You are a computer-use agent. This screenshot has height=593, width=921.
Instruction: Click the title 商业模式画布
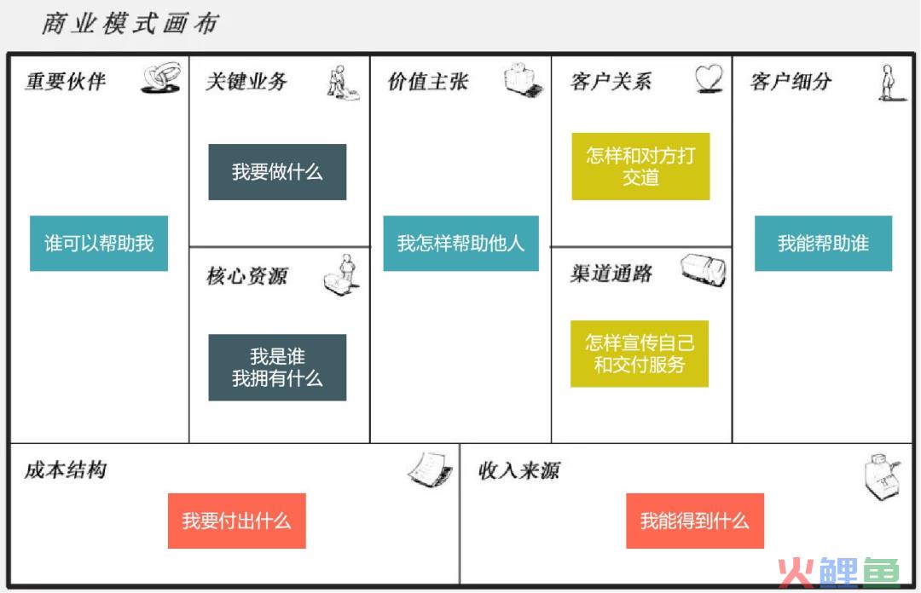[x=130, y=24]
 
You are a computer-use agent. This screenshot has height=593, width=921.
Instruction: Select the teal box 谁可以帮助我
[x=99, y=243]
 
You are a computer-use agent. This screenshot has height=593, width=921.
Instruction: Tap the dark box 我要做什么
[x=277, y=172]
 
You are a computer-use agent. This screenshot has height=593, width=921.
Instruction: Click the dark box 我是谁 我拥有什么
[x=277, y=367]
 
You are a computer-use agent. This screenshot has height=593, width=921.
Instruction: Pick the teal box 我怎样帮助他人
[x=461, y=243]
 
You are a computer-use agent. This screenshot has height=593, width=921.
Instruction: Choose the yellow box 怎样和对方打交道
[x=640, y=166]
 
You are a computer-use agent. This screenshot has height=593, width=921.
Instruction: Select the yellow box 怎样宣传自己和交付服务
[x=640, y=354]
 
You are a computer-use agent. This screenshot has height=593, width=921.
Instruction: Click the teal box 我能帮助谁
[x=824, y=243]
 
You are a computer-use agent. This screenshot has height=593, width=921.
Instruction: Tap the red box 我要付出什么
[x=237, y=521]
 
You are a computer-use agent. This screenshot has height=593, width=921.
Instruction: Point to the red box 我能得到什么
[x=695, y=521]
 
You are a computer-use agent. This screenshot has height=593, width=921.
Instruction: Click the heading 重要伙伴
[x=66, y=81]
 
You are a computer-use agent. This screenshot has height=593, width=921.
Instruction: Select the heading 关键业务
[x=246, y=81]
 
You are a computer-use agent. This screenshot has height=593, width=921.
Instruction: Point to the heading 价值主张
[x=428, y=81]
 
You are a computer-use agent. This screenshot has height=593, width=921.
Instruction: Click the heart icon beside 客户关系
[x=709, y=78]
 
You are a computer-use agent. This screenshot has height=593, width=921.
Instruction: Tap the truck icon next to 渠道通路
[x=704, y=271]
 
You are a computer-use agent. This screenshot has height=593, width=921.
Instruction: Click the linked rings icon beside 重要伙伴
[x=161, y=78]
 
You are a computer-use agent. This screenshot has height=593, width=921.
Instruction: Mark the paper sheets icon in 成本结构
[x=431, y=469]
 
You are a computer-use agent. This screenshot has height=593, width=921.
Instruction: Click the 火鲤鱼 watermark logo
[x=839, y=572]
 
